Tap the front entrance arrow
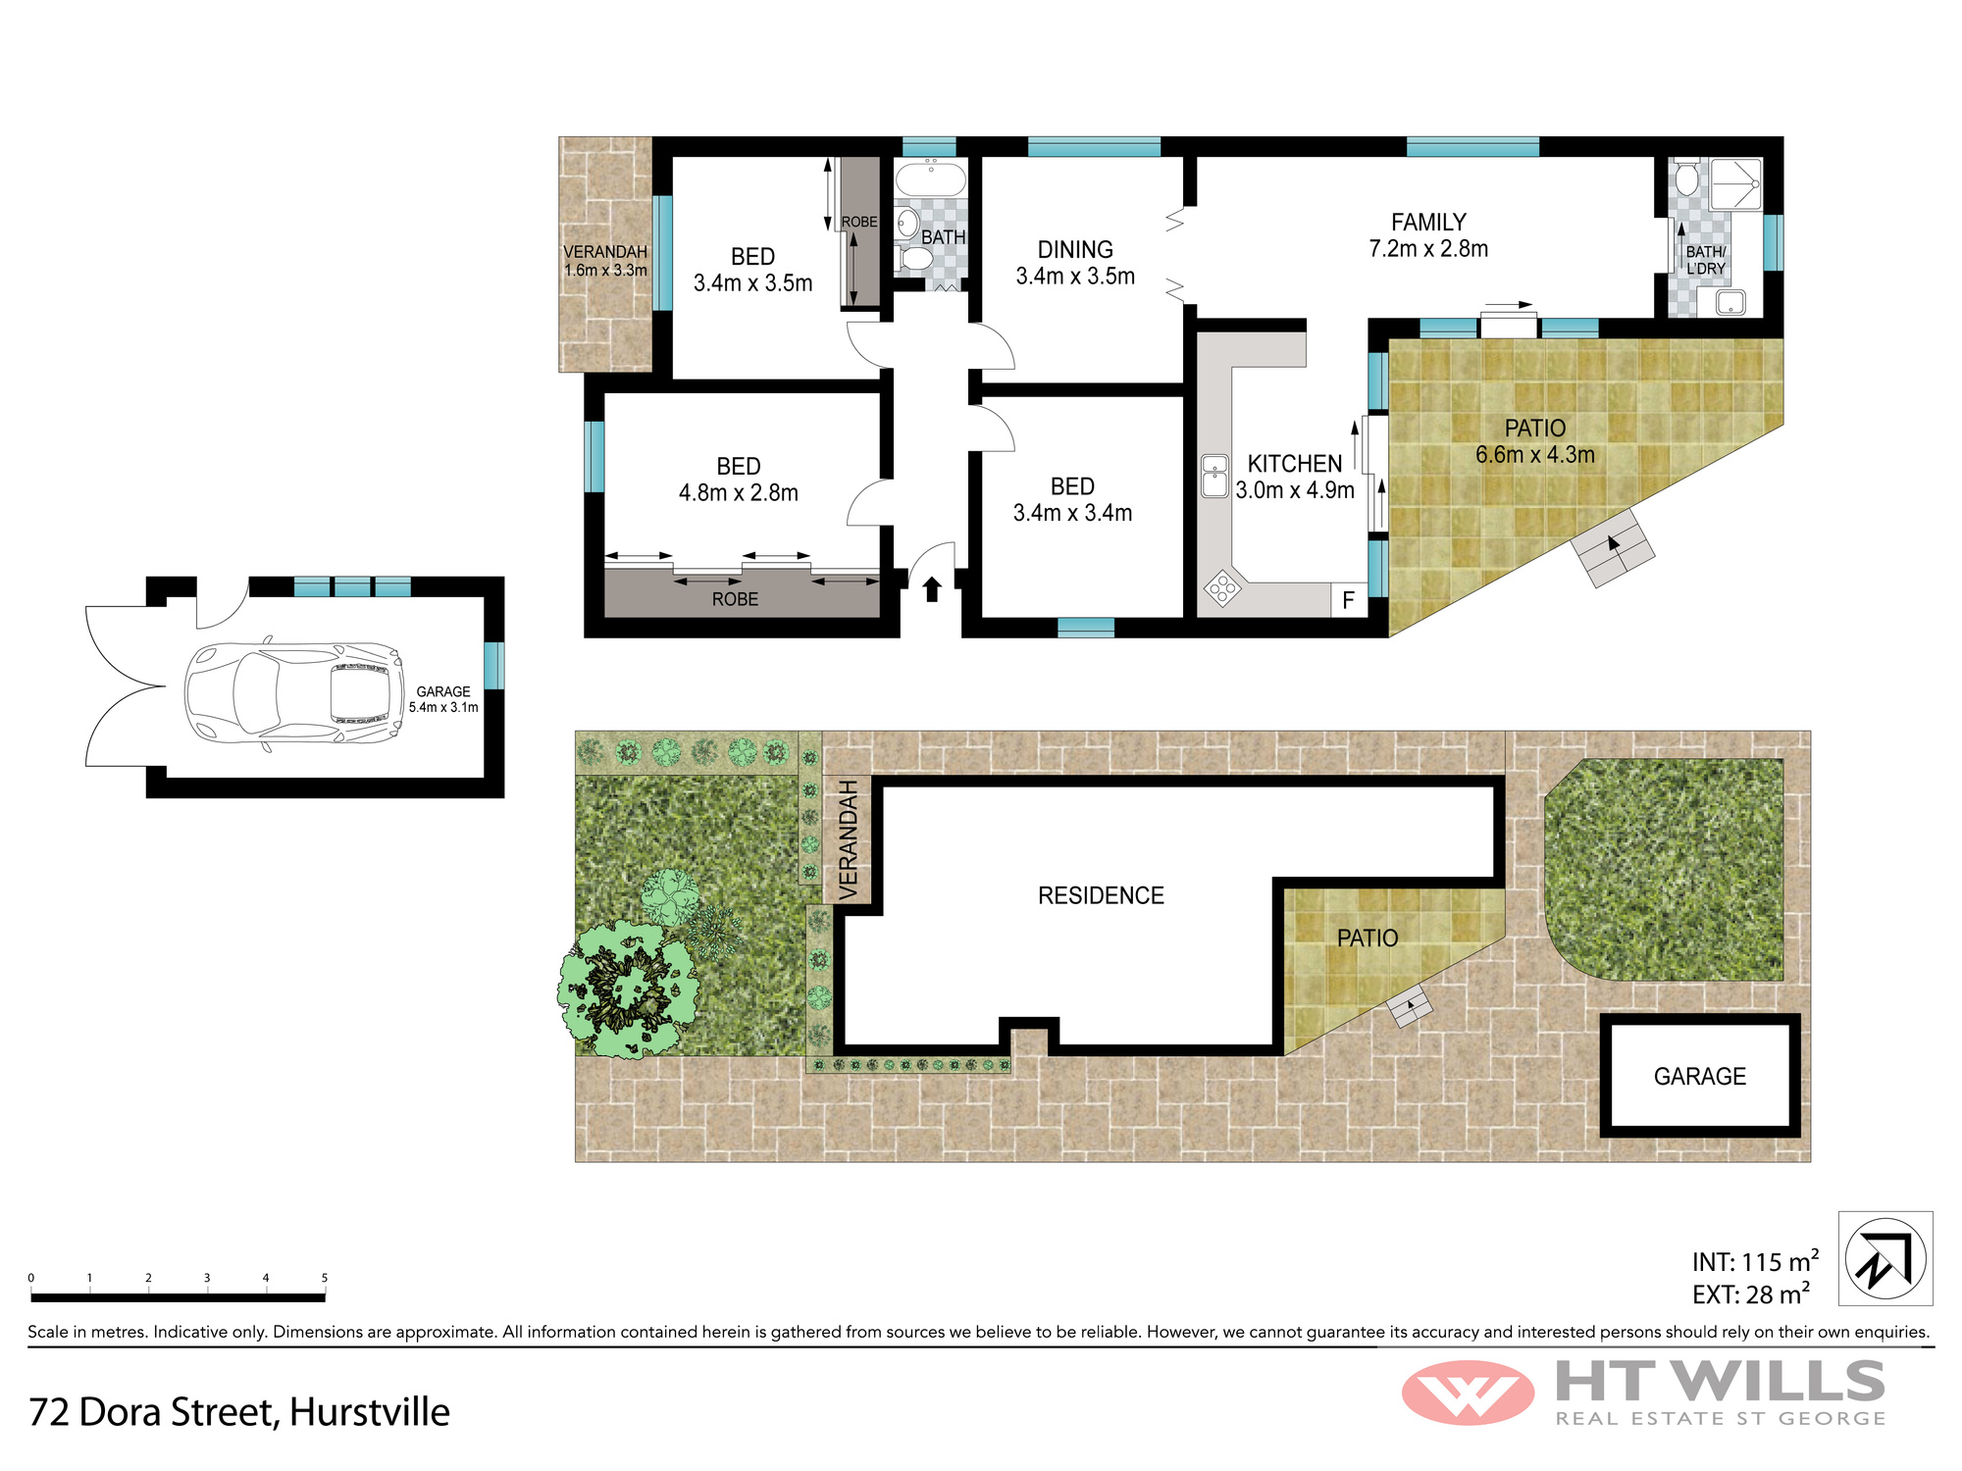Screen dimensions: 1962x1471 (x=932, y=588)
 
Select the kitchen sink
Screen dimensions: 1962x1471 (x=1215, y=476)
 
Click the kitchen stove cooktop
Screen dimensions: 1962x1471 (x=1222, y=588)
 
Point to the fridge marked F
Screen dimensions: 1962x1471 (x=1349, y=599)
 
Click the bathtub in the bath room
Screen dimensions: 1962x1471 (x=931, y=180)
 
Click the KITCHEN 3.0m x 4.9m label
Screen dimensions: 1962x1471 (x=1295, y=477)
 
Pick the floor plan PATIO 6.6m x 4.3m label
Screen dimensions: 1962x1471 (x=1535, y=441)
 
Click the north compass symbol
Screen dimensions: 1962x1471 (x=1885, y=1258)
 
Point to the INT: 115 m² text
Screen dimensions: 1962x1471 (x=1755, y=1261)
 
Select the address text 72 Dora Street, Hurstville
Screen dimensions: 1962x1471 (x=239, y=1412)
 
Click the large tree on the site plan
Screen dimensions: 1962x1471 (x=629, y=989)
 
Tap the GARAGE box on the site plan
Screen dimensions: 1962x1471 (x=1700, y=1076)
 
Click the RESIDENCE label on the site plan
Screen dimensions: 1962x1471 (x=1101, y=895)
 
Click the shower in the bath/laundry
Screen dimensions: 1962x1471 (x=1736, y=183)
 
